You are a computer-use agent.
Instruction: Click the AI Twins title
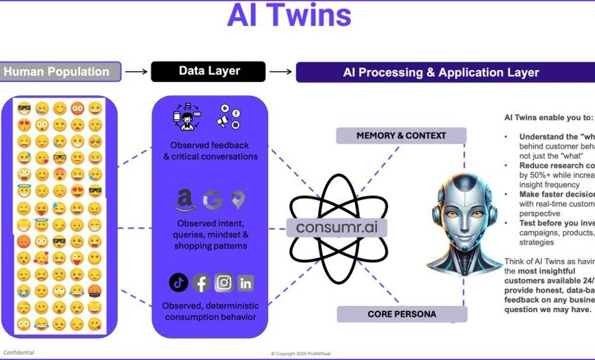[289, 17]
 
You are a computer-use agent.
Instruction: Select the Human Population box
[61, 71]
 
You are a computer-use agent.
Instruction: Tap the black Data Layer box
[208, 71]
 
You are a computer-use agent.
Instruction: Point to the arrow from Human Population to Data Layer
[137, 71]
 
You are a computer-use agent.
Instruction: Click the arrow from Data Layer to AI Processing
[280, 71]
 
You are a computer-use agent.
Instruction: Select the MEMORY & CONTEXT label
[401, 136]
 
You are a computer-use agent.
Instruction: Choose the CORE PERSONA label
[401, 314]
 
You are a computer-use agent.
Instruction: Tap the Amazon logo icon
[183, 200]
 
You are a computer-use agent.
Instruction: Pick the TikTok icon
[178, 282]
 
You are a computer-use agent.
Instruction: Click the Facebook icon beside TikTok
[201, 282]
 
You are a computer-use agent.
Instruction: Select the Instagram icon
[224, 282]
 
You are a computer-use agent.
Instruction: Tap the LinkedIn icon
[246, 282]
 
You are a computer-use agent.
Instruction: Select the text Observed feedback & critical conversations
[209, 151]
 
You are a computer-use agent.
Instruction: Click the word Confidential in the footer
[19, 352]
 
